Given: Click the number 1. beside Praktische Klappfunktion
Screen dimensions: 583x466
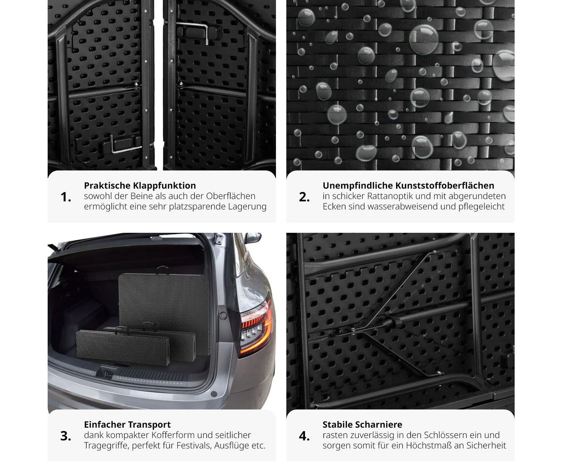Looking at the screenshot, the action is (66, 197).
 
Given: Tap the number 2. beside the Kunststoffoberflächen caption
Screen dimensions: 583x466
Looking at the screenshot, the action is (304, 197).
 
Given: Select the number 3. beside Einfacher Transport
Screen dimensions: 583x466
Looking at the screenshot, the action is (66, 436).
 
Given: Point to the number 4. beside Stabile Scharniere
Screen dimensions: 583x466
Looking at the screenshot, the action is (304, 436).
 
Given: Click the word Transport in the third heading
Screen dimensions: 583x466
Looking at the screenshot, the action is (149, 425).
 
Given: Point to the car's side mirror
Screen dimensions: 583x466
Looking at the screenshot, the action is (253, 238).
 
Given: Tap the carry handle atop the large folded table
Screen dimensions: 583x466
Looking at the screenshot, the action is (163, 269).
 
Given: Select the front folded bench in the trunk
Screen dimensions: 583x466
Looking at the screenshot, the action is (123, 347).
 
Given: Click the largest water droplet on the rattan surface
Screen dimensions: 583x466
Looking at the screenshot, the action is (423, 39).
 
